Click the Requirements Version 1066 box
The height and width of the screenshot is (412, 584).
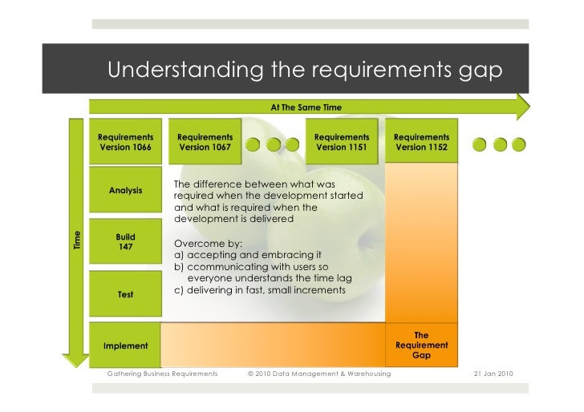pyautogui.click(x=126, y=142)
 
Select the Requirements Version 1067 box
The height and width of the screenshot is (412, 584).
pyautogui.click(x=205, y=142)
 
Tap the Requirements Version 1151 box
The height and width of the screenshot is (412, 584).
pyautogui.click(x=341, y=142)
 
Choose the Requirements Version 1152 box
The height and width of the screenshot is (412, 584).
pyautogui.click(x=421, y=142)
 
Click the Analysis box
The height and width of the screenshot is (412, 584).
pyautogui.click(x=126, y=190)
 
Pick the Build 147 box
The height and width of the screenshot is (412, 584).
pyautogui.click(x=126, y=242)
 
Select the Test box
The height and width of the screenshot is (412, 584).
pyautogui.click(x=126, y=294)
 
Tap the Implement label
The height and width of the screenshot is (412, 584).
pyautogui.click(x=126, y=345)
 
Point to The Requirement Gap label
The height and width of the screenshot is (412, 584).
pyautogui.click(x=421, y=345)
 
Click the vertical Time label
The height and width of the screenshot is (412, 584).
pyautogui.click(x=78, y=239)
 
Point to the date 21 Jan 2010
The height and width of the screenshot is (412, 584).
pyautogui.click(x=489, y=374)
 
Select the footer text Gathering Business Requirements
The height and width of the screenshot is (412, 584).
pyautogui.click(x=163, y=374)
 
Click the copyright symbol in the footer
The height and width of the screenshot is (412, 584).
pyautogui.click(x=251, y=374)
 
